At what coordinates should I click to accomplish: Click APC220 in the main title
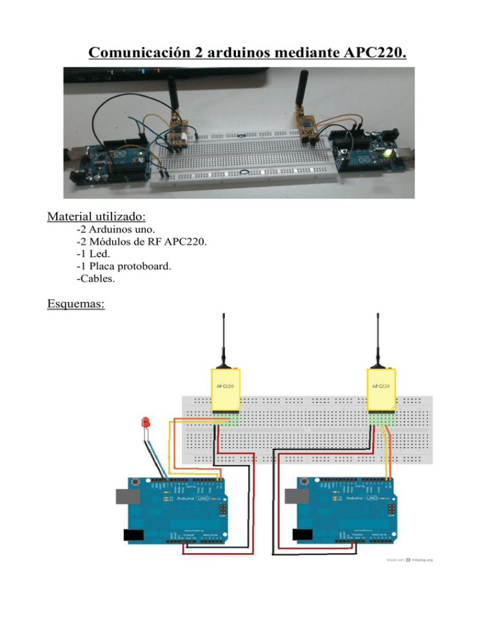pos(372,52)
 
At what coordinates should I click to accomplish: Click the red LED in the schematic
pos(145,424)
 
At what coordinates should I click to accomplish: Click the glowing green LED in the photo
pos(386,154)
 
